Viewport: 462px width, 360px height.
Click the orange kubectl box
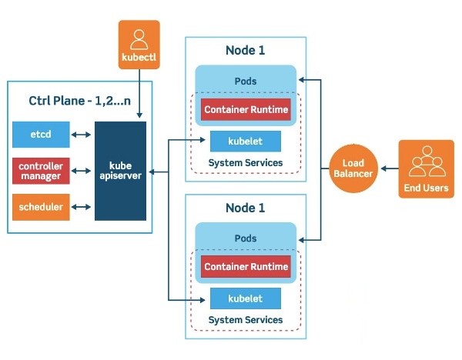[x=139, y=45]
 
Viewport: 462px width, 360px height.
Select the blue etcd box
[x=41, y=134]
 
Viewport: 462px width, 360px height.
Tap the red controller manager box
[x=41, y=170]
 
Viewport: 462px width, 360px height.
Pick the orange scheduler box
[x=41, y=206]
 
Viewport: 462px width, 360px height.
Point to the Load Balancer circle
[x=353, y=168]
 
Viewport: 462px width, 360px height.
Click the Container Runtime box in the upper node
[x=246, y=110]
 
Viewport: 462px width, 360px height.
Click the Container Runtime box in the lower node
[x=246, y=267]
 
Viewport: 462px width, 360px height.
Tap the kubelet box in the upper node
[x=246, y=142]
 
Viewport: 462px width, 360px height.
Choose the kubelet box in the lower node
[x=246, y=298]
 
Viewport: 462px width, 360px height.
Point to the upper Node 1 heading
[x=245, y=51]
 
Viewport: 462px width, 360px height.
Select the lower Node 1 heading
[x=245, y=208]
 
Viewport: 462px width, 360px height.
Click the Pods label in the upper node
[x=246, y=81]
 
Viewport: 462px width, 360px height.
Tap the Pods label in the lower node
[x=246, y=238]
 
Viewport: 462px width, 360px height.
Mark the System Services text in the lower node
[x=246, y=320]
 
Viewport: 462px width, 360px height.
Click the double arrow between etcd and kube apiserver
[x=82, y=135]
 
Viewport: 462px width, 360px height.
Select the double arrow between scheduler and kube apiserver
[x=82, y=206]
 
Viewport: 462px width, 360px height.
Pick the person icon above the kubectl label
[x=139, y=37]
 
